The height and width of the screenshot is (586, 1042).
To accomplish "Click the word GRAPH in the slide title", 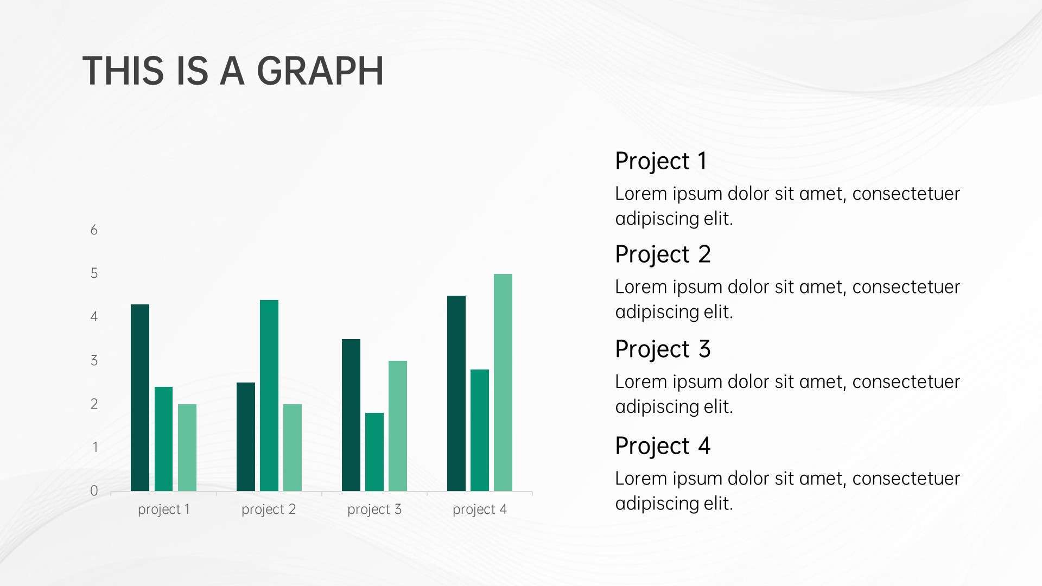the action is tap(320, 71).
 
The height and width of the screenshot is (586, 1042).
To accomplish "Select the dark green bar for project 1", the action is tap(140, 398).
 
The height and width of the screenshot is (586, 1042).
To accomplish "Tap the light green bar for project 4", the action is tap(503, 383).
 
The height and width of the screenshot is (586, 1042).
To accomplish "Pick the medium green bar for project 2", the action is tap(269, 396).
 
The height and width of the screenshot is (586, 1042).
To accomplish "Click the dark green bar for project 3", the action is tap(351, 415).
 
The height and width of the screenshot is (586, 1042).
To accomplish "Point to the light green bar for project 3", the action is tap(398, 426).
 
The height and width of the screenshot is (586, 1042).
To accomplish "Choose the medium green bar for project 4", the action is tap(480, 430).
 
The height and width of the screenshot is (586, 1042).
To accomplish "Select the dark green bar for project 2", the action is tap(246, 437).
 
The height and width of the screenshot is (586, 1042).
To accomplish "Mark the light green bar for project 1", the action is tap(187, 448).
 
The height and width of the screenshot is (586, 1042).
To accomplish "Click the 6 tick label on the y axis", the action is tap(94, 230).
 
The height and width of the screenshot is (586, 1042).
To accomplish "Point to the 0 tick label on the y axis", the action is tap(94, 491).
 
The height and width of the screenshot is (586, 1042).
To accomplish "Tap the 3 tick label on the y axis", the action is tap(94, 361).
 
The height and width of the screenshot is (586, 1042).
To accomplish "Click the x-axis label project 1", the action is tap(164, 509).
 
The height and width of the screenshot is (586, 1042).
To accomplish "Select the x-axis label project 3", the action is tap(374, 509).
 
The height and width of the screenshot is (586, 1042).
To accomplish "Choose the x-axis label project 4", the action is tap(480, 509).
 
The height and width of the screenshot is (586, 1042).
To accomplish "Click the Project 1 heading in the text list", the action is tap(661, 162).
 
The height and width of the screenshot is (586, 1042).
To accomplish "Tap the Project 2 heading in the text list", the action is tap(663, 255).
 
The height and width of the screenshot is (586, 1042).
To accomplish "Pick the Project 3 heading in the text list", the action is tap(663, 349).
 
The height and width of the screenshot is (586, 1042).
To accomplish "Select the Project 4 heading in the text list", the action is tap(663, 447).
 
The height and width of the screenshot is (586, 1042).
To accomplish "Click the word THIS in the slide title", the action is tap(123, 71).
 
